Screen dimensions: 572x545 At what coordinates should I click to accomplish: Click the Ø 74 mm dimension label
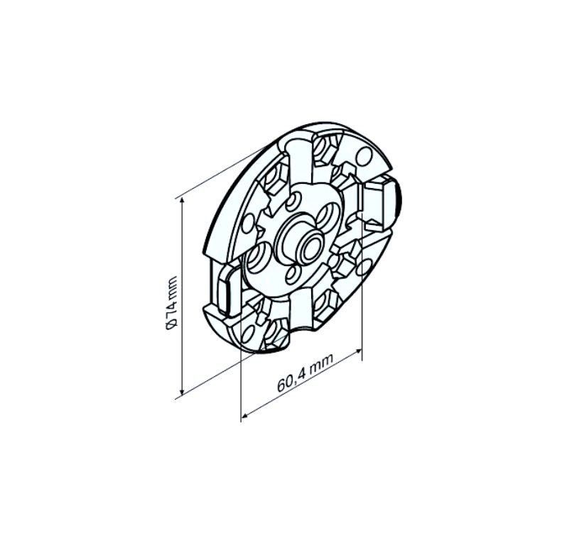pos(171,303)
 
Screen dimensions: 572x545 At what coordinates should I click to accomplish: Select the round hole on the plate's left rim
pos(248,223)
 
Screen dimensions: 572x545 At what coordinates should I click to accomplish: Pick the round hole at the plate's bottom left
pos(248,332)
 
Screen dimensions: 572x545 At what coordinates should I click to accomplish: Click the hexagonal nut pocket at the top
pos(324,148)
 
